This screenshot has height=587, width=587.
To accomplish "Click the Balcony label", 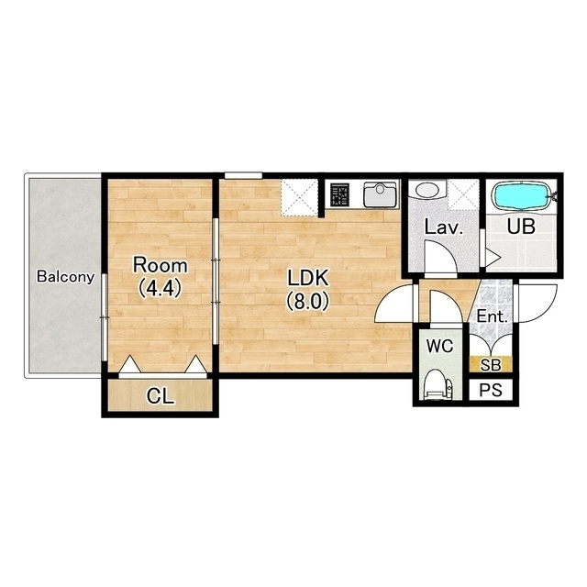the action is tap(65, 277).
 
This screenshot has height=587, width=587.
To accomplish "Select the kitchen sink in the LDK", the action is tap(380, 194).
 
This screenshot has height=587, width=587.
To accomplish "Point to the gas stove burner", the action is tap(339, 194).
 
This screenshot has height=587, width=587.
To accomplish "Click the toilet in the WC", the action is tap(439, 384).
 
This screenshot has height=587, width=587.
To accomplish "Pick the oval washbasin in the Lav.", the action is tap(426, 190).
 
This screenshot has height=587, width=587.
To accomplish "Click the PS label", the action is tap(491, 391).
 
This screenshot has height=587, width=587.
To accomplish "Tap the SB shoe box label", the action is tap(491, 365).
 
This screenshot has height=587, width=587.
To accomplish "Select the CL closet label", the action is tap(161, 396).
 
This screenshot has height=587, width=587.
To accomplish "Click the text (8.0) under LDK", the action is tap(308, 302).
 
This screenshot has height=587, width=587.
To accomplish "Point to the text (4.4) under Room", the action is tap(161, 288).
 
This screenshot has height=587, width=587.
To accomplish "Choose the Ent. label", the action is tap(492, 317).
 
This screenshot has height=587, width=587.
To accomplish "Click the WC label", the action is tap(439, 347).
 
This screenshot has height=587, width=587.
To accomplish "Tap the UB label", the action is tap(521, 227).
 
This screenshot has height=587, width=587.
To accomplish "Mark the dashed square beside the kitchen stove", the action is tap(299, 197).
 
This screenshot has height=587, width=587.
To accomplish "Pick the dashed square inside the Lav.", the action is tap(463, 195).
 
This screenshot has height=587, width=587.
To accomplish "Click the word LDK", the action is tap(308, 278).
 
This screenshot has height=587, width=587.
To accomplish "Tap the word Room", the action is tap(161, 265).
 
